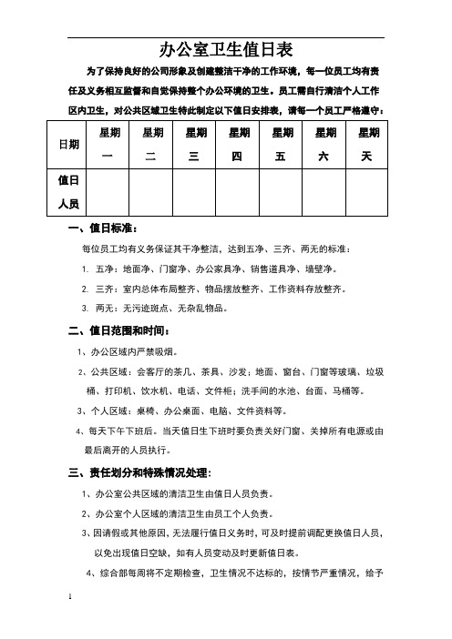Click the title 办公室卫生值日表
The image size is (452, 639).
(226, 48)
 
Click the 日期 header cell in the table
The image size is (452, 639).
(67, 144)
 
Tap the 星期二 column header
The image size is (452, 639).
(152, 144)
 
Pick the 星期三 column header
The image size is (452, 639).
(194, 144)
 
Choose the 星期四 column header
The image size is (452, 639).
(237, 144)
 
